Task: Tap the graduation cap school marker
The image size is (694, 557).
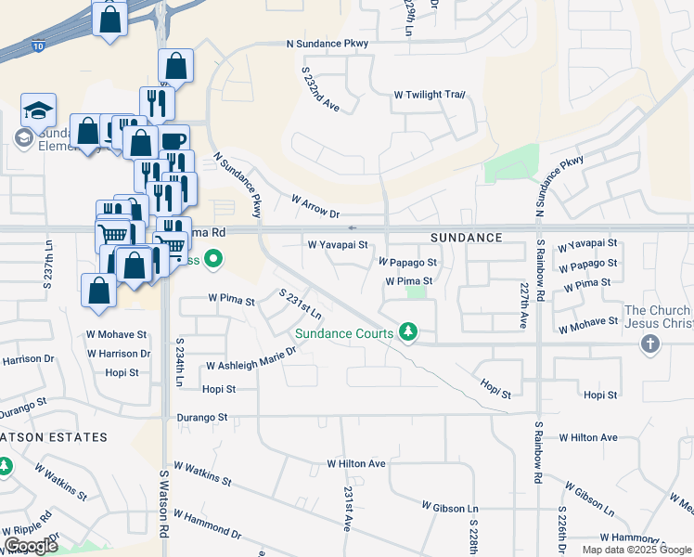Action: point(38,110)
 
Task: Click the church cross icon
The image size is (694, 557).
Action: point(650,344)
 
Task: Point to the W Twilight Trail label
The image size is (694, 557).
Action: point(429,95)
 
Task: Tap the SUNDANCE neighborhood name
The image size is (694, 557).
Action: point(466,238)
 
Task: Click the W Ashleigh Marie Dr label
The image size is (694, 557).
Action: point(251,359)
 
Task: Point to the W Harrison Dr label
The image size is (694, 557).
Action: point(119,354)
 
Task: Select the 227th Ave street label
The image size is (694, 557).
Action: point(525,305)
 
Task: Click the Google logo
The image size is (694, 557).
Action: point(31,546)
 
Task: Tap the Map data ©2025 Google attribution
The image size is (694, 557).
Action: point(636,550)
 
